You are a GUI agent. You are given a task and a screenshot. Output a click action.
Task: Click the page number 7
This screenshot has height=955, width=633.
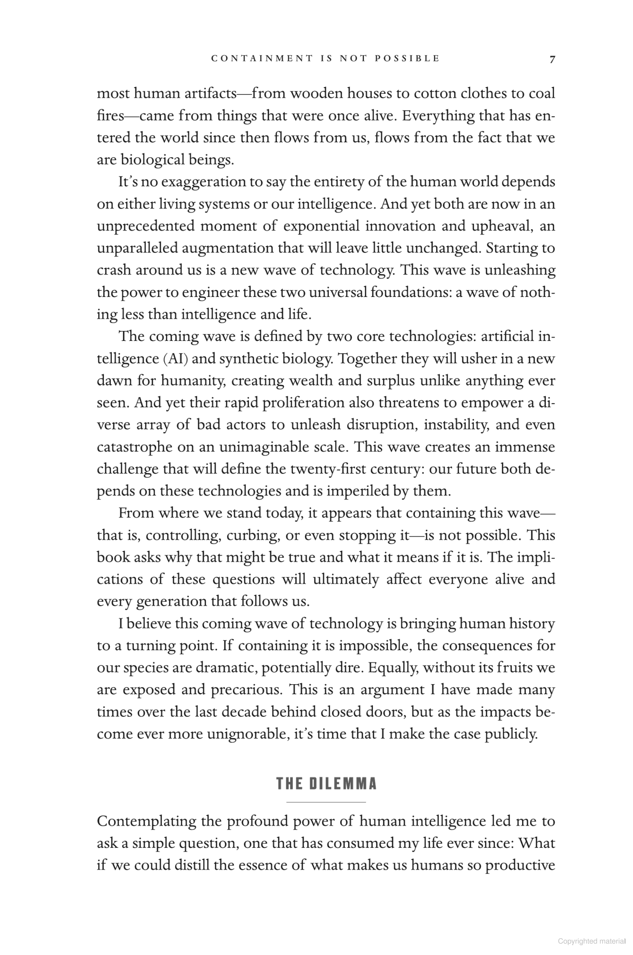(x=552, y=59)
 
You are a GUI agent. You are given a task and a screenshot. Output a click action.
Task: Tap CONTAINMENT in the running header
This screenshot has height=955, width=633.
(x=262, y=58)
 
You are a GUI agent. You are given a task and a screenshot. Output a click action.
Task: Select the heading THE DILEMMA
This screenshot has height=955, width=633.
(x=326, y=784)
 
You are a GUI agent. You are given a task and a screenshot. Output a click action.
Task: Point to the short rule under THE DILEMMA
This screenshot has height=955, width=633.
(x=326, y=802)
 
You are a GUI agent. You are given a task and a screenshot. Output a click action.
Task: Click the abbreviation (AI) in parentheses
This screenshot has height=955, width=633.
(x=175, y=359)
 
